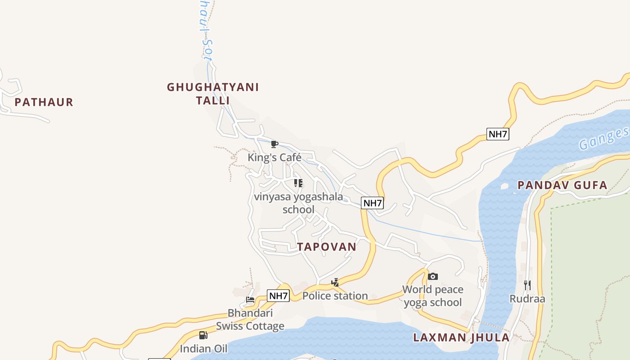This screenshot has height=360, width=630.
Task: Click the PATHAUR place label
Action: point(44,102)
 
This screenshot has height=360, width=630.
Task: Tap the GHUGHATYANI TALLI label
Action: point(213,94)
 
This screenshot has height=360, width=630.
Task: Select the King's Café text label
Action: point(274,157)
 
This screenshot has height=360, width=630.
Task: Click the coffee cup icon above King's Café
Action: point(274,144)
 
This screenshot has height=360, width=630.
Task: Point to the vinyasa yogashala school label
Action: point(298,203)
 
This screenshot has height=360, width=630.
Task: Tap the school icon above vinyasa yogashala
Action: point(298,183)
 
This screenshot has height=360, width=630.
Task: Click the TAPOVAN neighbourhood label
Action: point(327,247)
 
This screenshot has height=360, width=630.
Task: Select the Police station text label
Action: point(335,296)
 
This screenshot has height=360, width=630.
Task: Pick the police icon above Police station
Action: point(335,283)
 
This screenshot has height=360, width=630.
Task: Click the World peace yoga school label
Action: point(433,296)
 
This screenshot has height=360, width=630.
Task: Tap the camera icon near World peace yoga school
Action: point(433,276)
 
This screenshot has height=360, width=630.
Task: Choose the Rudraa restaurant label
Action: point(527,299)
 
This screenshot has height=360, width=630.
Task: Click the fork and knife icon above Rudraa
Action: point(527,285)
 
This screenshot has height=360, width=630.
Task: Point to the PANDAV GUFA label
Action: point(562,185)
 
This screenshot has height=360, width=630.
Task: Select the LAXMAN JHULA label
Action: point(462,337)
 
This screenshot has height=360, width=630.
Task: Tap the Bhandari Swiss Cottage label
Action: point(250,319)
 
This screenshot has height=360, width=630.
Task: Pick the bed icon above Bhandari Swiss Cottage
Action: point(250,300)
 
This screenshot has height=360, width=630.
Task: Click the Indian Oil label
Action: point(203,348)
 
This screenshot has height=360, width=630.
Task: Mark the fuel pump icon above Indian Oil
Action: point(203,335)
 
